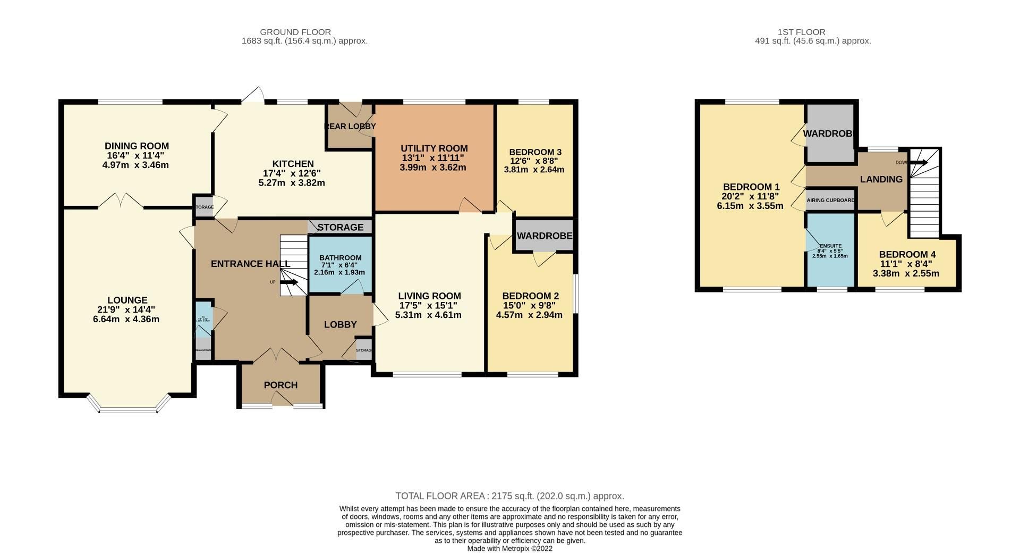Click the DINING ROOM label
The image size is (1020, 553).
click(137, 146)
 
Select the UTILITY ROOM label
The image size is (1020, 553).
click(434, 148)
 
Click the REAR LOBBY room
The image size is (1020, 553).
click(350, 127)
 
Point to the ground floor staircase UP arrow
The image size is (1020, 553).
click(290, 282)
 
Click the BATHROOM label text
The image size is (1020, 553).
click(340, 258)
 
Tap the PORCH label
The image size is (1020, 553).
click(280, 385)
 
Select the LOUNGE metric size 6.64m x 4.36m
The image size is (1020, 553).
click(126, 320)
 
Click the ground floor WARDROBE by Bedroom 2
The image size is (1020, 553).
click(545, 236)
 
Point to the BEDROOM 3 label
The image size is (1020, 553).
click(534, 152)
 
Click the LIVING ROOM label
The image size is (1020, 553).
click(430, 296)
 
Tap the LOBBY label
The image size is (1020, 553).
click(340, 324)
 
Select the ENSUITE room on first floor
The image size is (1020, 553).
click(830, 250)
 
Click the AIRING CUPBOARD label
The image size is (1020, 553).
click(830, 200)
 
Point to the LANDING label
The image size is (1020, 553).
click(881, 179)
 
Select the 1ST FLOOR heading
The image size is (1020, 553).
click(812, 32)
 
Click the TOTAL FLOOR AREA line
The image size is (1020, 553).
click(509, 496)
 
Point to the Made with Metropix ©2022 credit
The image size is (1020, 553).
click(509, 548)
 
